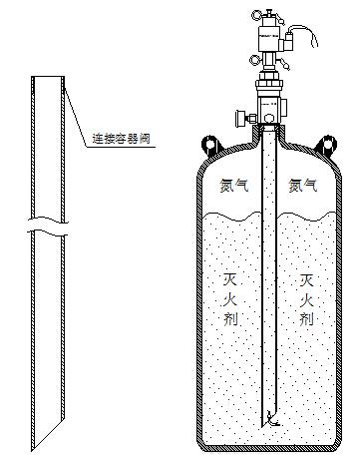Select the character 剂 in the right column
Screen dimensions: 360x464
click(x=305, y=319)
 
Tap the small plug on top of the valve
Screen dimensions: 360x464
click(x=269, y=10)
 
